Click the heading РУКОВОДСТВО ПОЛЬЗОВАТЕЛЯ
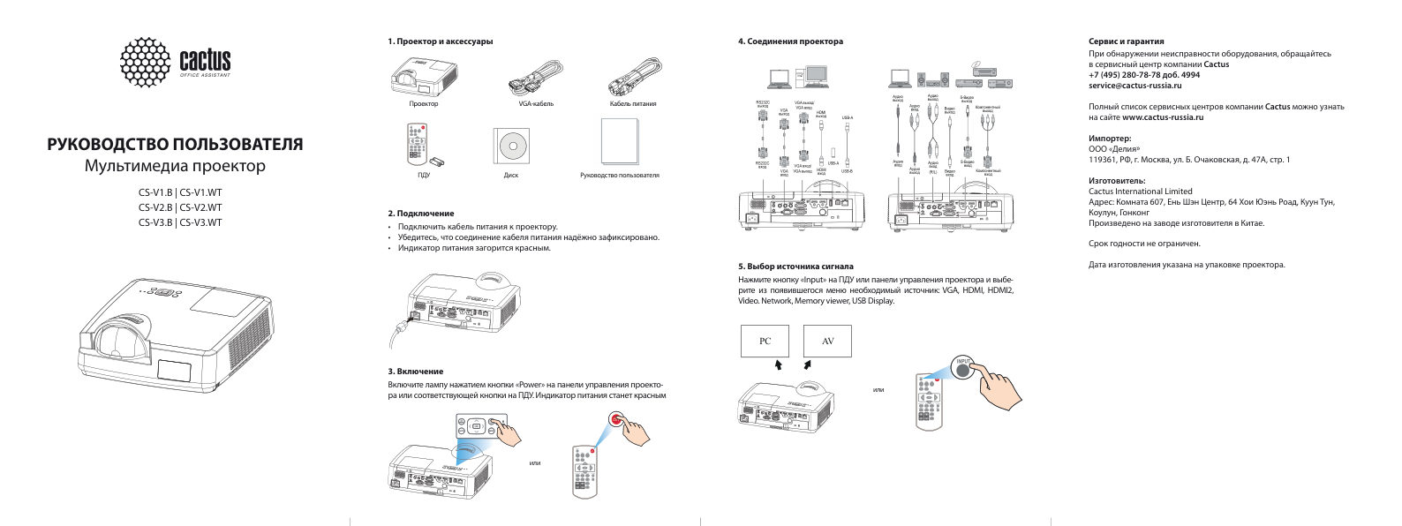click(174, 144)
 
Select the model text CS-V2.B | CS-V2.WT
click(180, 207)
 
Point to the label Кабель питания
click(632, 104)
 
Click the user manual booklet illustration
click(620, 142)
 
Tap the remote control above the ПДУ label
click(418, 145)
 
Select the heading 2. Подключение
click(421, 214)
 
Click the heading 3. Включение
click(415, 372)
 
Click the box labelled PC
click(765, 342)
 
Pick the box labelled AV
click(827, 342)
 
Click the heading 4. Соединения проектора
click(790, 41)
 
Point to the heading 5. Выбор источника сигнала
click(795, 266)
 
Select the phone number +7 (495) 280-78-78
click(1132, 75)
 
